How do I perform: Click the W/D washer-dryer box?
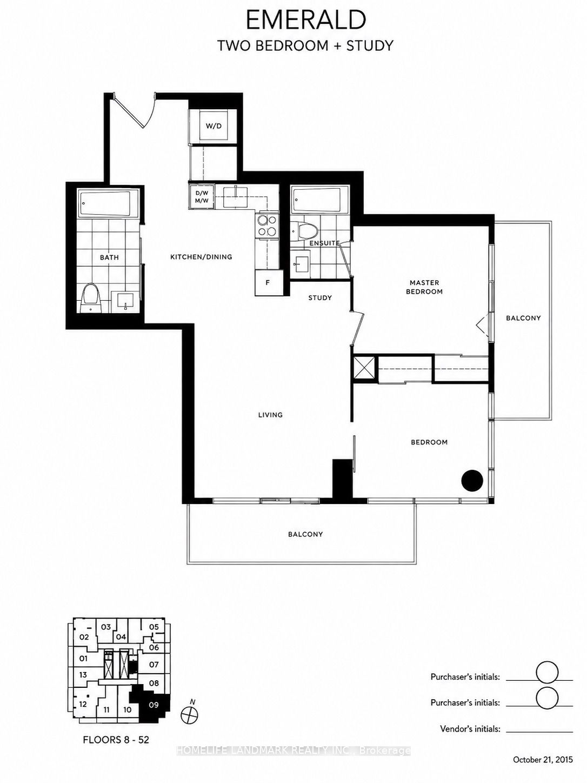(214, 125)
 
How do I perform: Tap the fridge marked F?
(269, 282)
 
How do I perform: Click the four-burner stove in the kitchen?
(267, 226)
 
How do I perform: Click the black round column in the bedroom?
(472, 481)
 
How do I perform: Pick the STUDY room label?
(320, 297)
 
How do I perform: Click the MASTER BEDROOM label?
(424, 287)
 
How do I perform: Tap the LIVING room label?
(270, 415)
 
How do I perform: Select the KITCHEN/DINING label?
(201, 256)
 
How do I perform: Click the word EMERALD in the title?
(305, 20)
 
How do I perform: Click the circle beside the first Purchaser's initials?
(547, 672)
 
